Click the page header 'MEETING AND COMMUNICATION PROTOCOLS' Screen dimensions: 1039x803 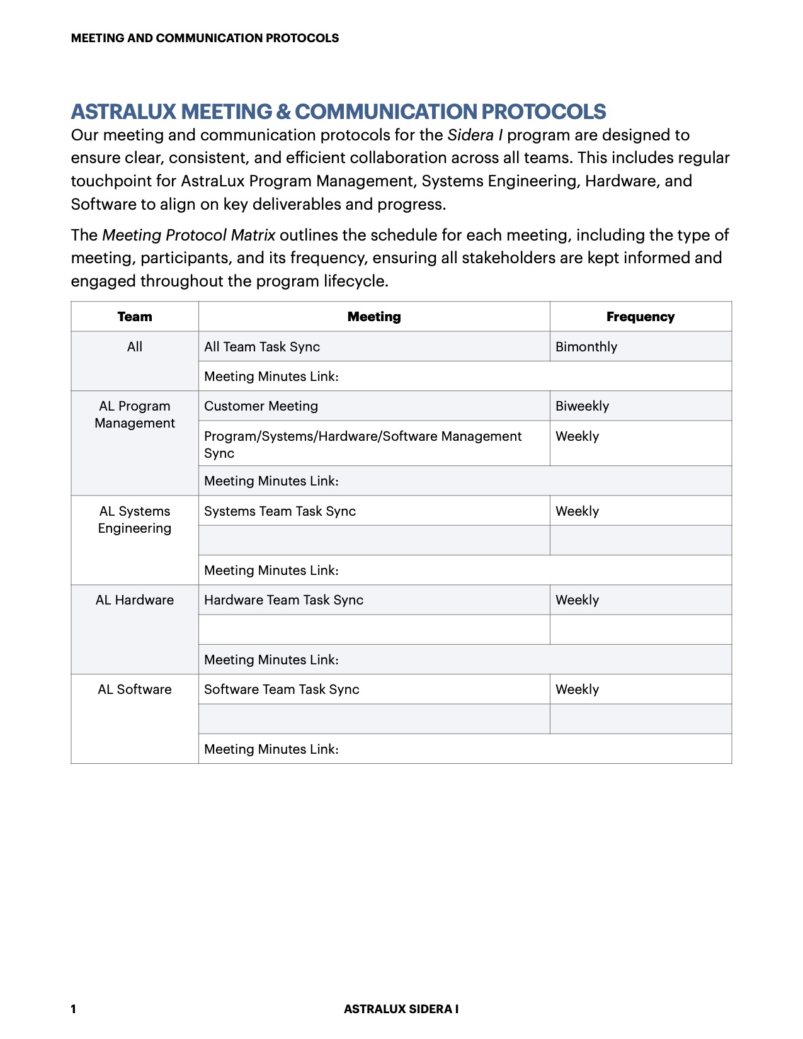click(x=205, y=38)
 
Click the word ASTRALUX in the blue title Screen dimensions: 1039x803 click(x=123, y=111)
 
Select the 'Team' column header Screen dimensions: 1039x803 click(x=135, y=317)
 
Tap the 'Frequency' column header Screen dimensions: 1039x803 click(x=640, y=317)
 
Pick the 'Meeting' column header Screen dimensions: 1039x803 click(x=374, y=317)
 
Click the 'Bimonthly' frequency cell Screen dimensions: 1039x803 click(x=586, y=347)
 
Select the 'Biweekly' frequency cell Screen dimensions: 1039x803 click(x=583, y=406)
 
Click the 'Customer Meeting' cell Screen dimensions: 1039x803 click(x=261, y=406)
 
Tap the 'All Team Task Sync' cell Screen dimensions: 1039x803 click(x=262, y=347)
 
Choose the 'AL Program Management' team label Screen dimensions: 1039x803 click(x=135, y=415)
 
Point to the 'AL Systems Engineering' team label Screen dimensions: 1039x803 click(x=135, y=519)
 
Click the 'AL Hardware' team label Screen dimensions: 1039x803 click(x=135, y=600)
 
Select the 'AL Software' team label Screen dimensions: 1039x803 click(x=135, y=690)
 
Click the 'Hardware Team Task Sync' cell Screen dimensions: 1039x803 click(x=284, y=600)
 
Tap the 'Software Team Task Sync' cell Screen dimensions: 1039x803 click(x=282, y=690)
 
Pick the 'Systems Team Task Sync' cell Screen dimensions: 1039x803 click(x=280, y=511)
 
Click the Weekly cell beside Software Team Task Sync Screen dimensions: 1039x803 click(x=578, y=690)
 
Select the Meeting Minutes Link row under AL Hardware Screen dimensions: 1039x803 click(x=271, y=660)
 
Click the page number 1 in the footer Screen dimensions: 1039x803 click(x=74, y=1009)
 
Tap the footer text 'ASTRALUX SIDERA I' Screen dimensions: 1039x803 click(x=401, y=1009)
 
